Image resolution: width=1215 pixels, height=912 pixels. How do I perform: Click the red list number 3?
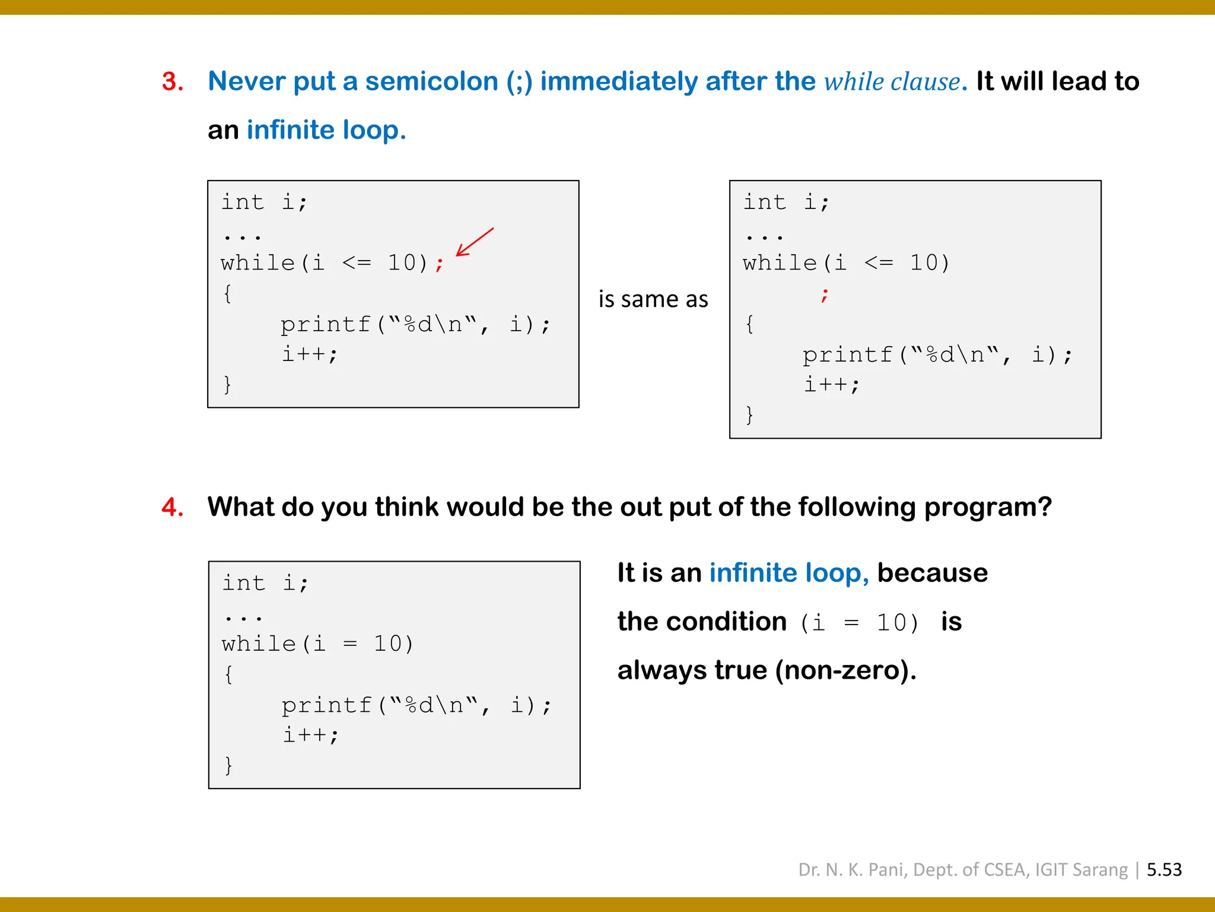pyautogui.click(x=172, y=81)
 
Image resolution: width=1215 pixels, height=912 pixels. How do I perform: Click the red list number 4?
pyautogui.click(x=172, y=507)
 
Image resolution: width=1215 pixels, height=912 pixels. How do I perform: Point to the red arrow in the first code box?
pyautogui.click(x=474, y=242)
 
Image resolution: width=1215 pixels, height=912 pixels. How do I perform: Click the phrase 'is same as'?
pyautogui.click(x=653, y=299)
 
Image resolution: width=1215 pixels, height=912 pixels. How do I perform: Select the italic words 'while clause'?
pyautogui.click(x=892, y=82)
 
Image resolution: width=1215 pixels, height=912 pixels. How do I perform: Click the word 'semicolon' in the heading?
pyautogui.click(x=431, y=81)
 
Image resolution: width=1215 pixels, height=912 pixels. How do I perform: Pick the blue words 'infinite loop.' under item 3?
pyautogui.click(x=326, y=130)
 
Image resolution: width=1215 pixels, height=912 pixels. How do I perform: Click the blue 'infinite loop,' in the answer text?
pyautogui.click(x=789, y=573)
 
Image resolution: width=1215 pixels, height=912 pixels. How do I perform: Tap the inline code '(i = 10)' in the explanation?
pyautogui.click(x=860, y=622)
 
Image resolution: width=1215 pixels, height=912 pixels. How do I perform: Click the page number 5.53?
pyautogui.click(x=1164, y=869)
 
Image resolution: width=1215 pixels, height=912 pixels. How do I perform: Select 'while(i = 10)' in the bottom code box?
pyautogui.click(x=317, y=644)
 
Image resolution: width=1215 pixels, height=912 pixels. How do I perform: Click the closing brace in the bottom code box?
pyautogui.click(x=228, y=765)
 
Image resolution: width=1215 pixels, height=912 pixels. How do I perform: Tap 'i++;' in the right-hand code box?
pyautogui.click(x=831, y=385)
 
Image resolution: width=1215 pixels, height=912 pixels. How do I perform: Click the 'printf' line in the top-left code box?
pyautogui.click(x=415, y=324)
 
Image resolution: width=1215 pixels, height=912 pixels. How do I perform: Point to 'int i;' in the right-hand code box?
pyautogui.click(x=786, y=202)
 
